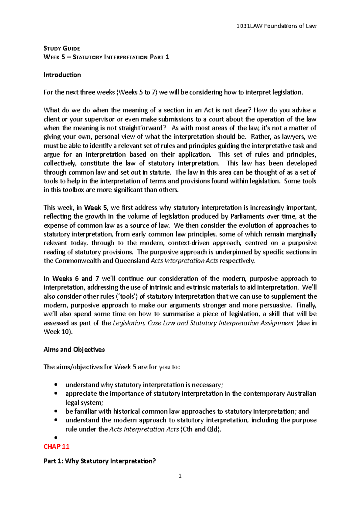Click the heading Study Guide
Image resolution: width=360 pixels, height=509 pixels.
click(61, 49)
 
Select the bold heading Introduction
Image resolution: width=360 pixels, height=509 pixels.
click(62, 75)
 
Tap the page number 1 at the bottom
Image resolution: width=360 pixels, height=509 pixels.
click(180, 476)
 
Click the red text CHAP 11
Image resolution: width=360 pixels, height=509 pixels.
click(56, 447)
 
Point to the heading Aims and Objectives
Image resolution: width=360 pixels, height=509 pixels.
click(74, 350)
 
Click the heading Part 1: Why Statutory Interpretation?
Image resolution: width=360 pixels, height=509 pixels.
click(100, 461)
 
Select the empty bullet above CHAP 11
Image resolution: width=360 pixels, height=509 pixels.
click(55, 438)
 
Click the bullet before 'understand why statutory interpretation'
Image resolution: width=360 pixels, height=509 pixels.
click(55, 385)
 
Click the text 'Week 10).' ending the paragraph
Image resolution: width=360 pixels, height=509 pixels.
click(58, 332)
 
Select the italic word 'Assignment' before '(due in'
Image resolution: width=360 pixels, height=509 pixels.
click(277, 323)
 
